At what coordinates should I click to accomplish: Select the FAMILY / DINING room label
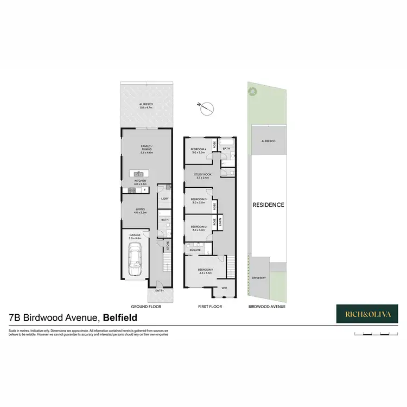pos(147,149)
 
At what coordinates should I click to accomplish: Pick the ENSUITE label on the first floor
pos(195,250)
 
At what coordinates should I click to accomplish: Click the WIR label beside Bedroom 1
pos(224,288)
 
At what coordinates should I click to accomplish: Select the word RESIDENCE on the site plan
pos(268,205)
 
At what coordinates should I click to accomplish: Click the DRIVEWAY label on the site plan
pos(259,278)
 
